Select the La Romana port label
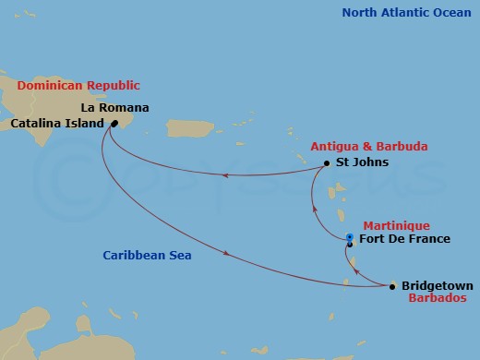pos(121,107)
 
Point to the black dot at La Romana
pos(114,123)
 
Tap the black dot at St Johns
pos(327,164)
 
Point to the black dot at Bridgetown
pos(392,287)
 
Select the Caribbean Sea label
pos(147,255)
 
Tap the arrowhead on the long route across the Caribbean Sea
pos(227,253)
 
